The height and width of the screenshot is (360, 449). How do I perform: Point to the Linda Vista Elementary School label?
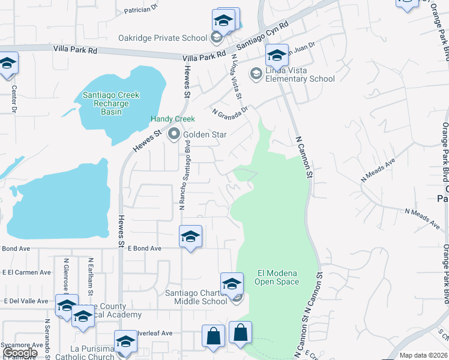pyautogui.click(x=300, y=74)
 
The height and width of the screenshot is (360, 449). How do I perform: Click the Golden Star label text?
pyautogui.click(x=205, y=134)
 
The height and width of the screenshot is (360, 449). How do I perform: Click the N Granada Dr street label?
pyautogui.click(x=230, y=111)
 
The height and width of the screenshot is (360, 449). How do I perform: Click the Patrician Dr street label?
pyautogui.click(x=140, y=9)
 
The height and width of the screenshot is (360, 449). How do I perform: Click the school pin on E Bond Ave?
pyautogui.click(x=190, y=236)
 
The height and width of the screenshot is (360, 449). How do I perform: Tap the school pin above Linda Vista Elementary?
pyautogui.click(x=277, y=55)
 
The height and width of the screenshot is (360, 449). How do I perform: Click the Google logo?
pyautogui.click(x=20, y=353)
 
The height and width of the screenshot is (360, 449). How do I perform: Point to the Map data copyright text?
pyautogui.click(x=424, y=355)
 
